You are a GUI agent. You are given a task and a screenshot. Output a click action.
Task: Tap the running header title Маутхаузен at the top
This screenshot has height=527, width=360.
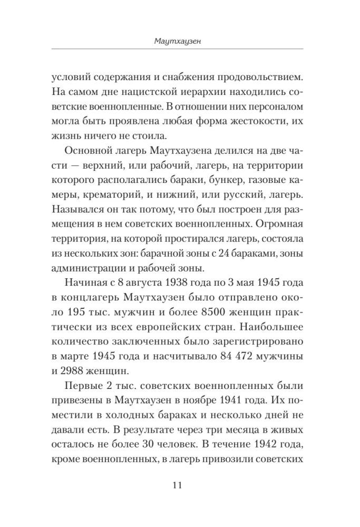pyautogui.click(x=177, y=40)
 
